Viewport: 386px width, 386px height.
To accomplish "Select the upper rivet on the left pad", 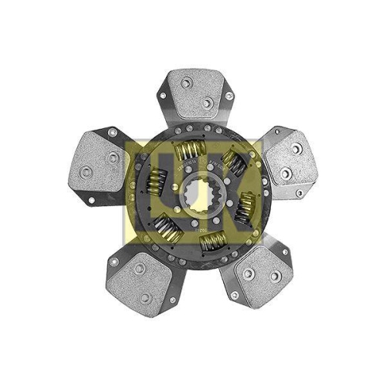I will click(x=113, y=157).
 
